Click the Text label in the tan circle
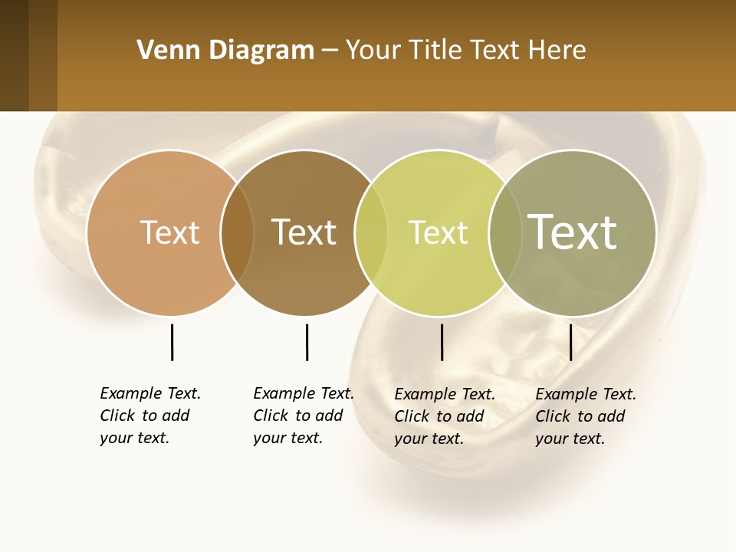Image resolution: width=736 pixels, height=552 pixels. [169, 232]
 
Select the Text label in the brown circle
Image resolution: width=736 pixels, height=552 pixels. [304, 232]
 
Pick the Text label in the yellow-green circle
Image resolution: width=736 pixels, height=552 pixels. [438, 232]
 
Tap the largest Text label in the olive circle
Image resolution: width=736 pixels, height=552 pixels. [573, 232]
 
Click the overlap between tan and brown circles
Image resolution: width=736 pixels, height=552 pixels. [237, 233]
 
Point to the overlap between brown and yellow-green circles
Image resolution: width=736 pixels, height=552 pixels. [371, 233]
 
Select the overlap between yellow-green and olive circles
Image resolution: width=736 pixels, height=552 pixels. [504, 233]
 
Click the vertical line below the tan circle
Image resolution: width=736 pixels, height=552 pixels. [172, 342]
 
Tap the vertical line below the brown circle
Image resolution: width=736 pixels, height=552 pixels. [307, 342]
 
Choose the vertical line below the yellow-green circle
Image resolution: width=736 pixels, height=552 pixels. [442, 342]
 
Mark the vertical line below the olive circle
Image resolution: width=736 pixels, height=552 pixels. [570, 342]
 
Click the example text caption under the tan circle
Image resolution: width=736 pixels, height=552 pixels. [149, 416]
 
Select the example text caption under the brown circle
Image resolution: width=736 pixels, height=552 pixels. [303, 416]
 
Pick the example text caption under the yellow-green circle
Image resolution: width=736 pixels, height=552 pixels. [444, 416]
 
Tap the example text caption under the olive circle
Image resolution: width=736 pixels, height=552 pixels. [585, 416]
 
